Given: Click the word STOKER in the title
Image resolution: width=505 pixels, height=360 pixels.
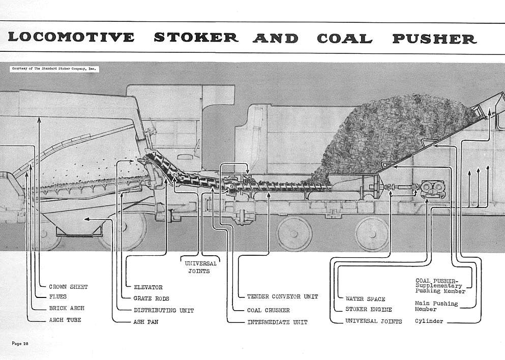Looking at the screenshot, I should [x=196, y=38].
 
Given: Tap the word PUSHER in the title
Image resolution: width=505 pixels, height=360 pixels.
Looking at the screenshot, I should [x=434, y=38].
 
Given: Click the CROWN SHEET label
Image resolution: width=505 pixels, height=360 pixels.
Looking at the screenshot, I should [x=68, y=287].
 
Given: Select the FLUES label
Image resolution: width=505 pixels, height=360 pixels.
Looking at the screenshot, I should [x=57, y=296].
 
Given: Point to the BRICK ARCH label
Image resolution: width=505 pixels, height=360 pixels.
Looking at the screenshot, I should [x=67, y=308].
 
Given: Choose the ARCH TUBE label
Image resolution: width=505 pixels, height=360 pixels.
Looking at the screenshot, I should [x=65, y=320].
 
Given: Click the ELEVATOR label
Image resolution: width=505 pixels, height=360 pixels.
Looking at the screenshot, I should [x=148, y=287].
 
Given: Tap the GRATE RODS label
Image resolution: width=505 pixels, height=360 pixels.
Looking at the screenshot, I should [x=151, y=298].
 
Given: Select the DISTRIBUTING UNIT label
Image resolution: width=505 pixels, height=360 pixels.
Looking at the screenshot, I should [x=163, y=310].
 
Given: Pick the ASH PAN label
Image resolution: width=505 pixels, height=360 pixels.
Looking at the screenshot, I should [x=145, y=322].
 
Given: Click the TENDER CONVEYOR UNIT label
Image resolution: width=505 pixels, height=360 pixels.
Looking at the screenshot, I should [x=282, y=296].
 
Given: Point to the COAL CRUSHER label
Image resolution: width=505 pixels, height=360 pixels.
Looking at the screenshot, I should [x=268, y=310].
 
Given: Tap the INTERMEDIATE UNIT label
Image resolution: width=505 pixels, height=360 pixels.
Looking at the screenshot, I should [x=277, y=322].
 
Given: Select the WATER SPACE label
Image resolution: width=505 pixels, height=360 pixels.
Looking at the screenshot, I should [x=365, y=299].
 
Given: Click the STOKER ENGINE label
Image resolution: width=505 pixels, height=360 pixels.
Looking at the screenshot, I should [x=368, y=309].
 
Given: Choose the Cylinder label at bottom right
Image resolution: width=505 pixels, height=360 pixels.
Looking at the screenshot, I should [x=428, y=321].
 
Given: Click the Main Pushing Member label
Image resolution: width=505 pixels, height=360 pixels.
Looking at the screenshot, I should [x=436, y=306].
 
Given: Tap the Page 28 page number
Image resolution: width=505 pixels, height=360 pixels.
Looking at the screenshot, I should [x=20, y=344].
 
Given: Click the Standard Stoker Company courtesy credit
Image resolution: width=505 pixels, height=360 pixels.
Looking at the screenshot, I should [x=53, y=68].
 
